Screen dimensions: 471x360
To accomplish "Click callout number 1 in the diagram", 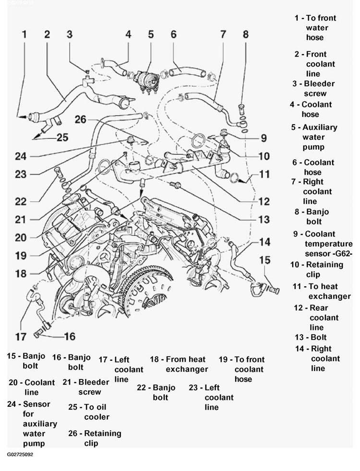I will [x=24, y=35].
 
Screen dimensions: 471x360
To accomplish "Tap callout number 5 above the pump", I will [x=151, y=34].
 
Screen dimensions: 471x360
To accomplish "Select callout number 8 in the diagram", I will [x=245, y=34].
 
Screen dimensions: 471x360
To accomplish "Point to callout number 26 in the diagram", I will [x=80, y=119].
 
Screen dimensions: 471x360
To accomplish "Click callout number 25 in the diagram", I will [x=62, y=138].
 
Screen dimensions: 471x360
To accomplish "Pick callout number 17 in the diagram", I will [x=21, y=336].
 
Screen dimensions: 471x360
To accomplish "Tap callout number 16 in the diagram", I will [x=70, y=337].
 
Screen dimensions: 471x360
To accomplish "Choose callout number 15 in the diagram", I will [x=265, y=260].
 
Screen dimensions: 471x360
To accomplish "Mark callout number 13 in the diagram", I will [x=264, y=220].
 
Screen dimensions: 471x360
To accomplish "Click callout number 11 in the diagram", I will [x=264, y=175].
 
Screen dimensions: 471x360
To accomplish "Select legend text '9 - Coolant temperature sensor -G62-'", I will [x=324, y=244].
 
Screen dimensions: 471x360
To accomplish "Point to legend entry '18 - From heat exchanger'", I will [x=179, y=364].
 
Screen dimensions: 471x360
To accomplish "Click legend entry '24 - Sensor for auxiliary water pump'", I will [x=33, y=424].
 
